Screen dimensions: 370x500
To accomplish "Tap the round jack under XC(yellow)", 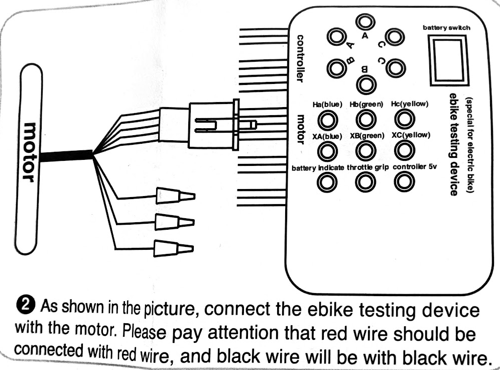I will (x=405, y=150).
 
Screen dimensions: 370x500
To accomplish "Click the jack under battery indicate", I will (x=327, y=182).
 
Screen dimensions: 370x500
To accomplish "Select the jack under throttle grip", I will (x=366, y=182).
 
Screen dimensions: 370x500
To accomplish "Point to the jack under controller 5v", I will (x=405, y=181).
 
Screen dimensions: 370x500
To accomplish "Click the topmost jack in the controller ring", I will (x=365, y=22).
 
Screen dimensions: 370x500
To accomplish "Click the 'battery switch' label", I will (x=446, y=28).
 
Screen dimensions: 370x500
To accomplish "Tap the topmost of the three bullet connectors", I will (x=175, y=196).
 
